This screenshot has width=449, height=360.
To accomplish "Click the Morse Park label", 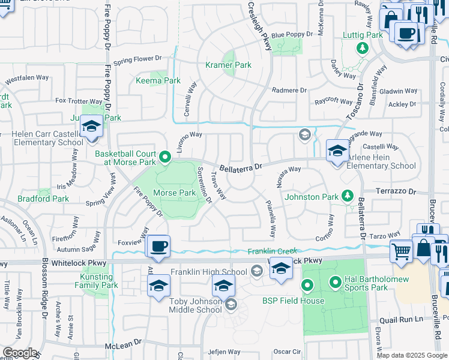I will [x=175, y=193].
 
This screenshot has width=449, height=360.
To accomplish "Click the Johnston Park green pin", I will [x=347, y=196].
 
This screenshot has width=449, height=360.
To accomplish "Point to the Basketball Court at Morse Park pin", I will [x=166, y=158].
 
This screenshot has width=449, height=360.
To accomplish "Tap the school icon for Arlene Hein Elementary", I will [x=337, y=150].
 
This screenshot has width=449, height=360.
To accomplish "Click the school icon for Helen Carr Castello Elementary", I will [x=92, y=127].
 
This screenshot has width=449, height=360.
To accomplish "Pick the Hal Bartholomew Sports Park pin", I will [x=336, y=280].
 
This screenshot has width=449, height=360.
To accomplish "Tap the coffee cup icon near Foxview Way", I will [x=158, y=246].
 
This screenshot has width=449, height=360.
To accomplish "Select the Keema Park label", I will [x=158, y=80].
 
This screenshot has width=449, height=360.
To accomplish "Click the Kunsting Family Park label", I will [x=100, y=281].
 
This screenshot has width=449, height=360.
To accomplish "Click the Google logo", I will [x=20, y=353].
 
